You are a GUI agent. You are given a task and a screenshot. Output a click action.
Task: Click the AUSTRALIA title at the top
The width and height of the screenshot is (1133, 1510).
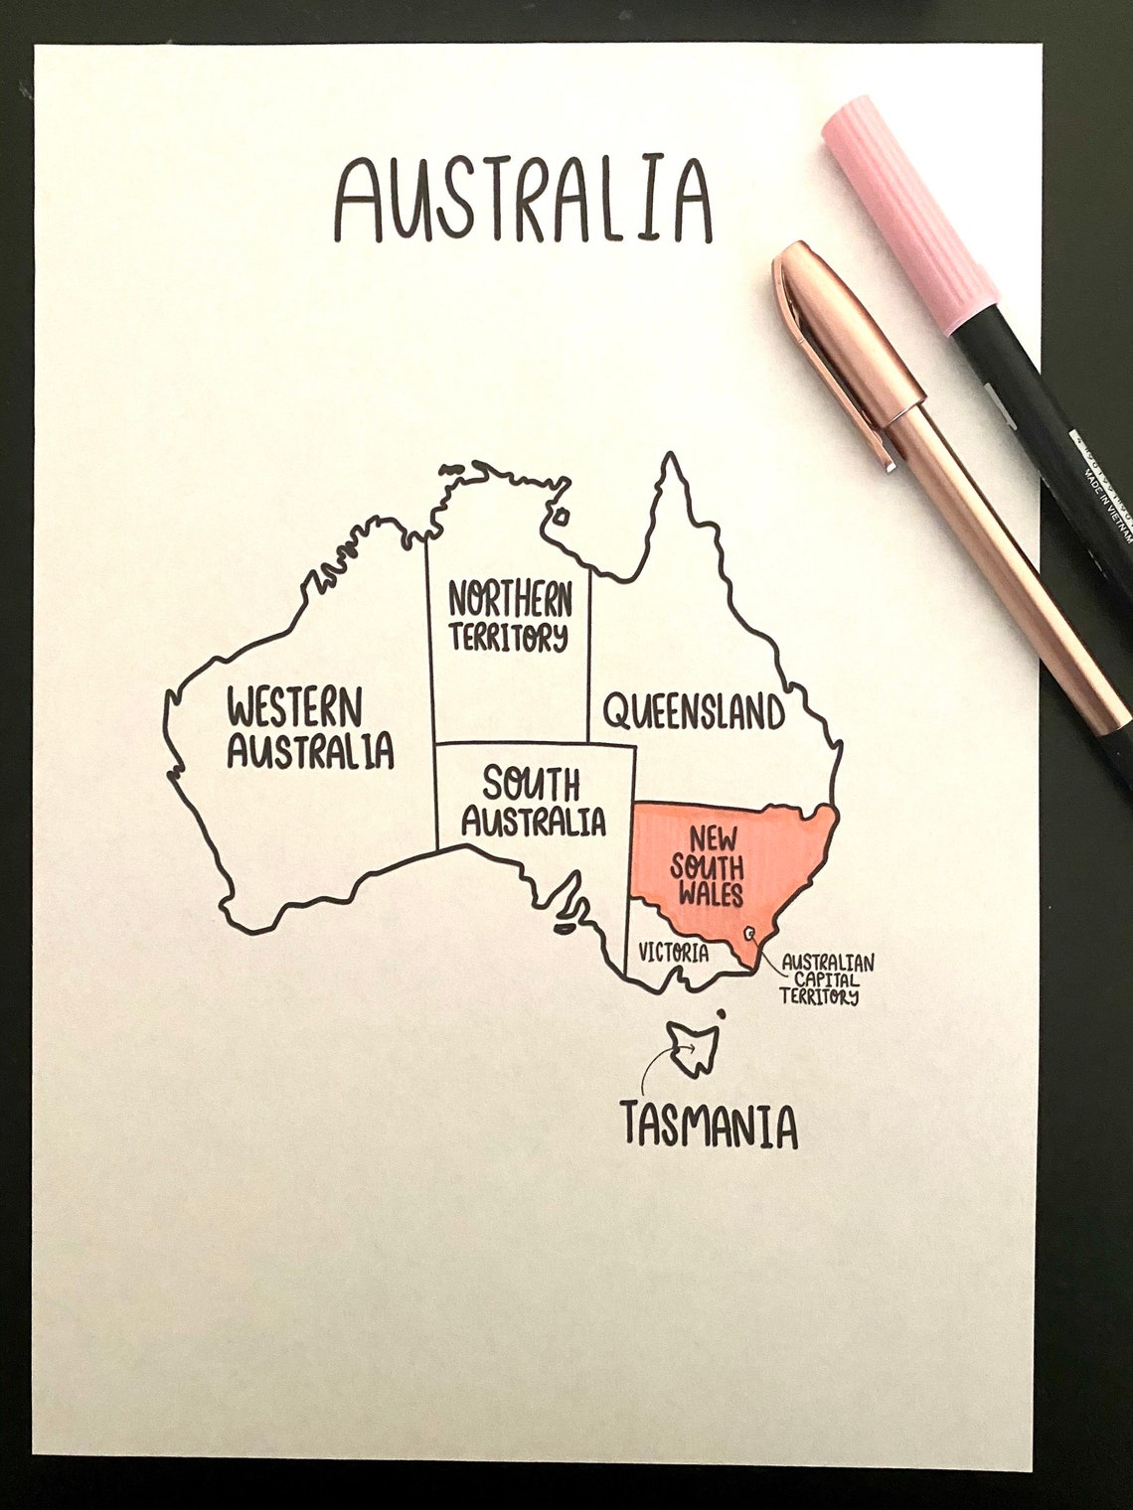(x=524, y=197)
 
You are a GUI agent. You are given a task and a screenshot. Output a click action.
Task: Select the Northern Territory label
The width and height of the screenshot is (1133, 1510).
(x=510, y=618)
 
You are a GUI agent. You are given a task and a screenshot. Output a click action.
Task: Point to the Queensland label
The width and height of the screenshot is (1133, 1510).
(x=694, y=712)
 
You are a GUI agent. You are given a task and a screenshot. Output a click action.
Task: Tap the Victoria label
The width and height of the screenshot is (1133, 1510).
(x=674, y=954)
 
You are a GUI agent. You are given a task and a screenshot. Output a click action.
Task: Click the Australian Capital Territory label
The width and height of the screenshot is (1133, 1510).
(x=827, y=979)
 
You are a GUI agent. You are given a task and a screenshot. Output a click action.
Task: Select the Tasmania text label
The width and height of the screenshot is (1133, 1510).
(x=709, y=1127)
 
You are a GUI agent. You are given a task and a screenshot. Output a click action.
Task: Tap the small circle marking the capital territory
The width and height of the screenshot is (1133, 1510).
(x=750, y=933)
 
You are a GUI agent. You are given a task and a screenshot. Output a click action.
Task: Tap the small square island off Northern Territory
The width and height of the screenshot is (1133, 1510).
(x=562, y=516)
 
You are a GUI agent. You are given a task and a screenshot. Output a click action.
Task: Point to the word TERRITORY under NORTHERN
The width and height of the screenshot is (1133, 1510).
(x=509, y=637)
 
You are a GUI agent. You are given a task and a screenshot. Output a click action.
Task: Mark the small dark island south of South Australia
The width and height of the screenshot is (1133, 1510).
(x=563, y=929)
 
